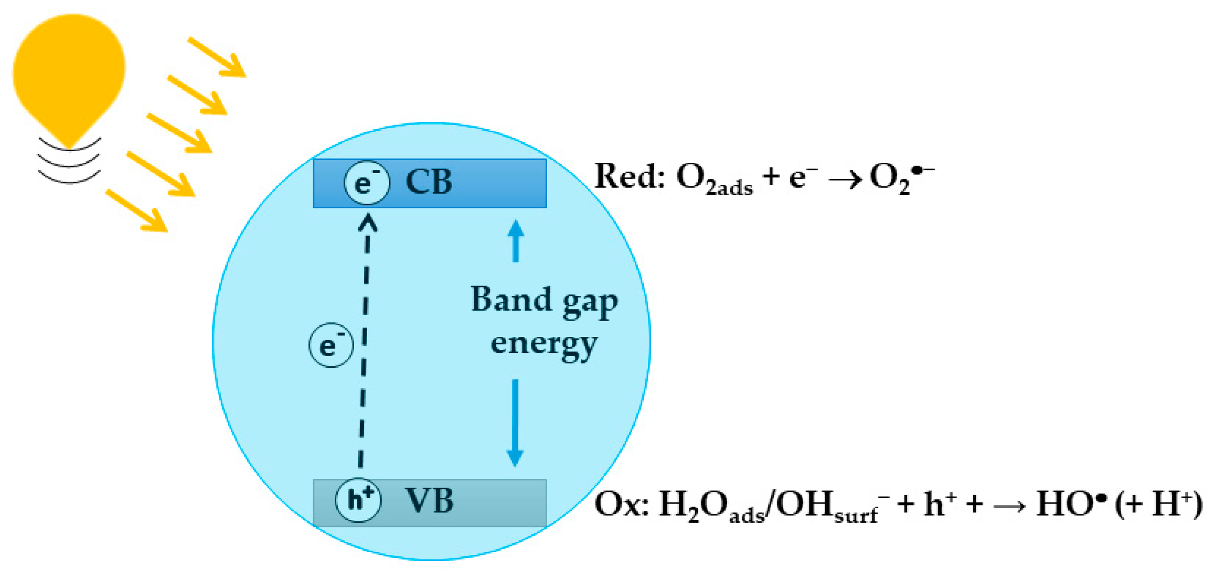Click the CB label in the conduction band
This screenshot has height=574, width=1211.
pos(428,182)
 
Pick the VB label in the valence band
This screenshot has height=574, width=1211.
pos(429,501)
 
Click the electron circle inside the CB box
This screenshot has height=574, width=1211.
pos(367,183)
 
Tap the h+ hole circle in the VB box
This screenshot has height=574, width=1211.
pos(358,500)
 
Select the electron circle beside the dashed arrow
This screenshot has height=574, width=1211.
pos(331,345)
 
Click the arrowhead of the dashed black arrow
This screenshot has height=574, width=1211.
pos(368,221)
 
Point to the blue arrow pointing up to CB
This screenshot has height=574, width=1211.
pos(516,241)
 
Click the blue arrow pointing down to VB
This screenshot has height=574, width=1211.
pos(515,423)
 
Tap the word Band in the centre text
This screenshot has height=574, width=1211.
pos(511,300)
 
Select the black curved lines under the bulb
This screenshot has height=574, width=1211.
pos(69,162)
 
